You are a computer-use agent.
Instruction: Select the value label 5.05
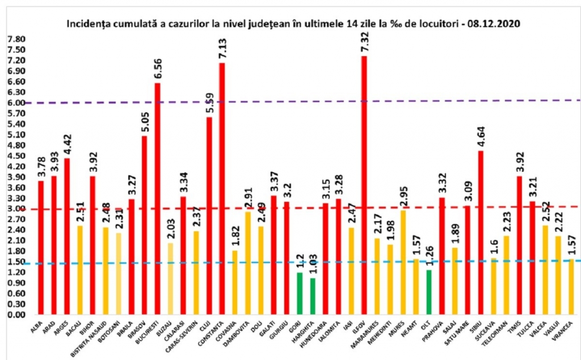(x=144, y=121)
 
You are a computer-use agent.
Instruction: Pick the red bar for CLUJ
(x=209, y=215)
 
